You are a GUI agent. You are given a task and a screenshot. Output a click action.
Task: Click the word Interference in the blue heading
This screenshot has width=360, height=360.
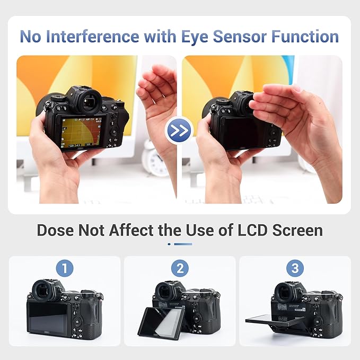(93, 37)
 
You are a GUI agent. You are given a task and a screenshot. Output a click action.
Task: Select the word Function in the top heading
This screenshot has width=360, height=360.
(305, 37)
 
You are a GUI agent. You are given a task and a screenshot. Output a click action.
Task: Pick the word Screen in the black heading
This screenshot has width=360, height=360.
(297, 230)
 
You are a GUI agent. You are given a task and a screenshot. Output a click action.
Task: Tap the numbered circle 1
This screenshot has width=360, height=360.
(65, 268)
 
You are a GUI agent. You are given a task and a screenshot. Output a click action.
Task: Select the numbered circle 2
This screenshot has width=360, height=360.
(180, 268)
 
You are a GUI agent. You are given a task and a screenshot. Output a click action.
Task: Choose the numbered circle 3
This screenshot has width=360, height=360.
(295, 268)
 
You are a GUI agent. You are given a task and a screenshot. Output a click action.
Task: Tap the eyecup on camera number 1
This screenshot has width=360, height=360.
(43, 291)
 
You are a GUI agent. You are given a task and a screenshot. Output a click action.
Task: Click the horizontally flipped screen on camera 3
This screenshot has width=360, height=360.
(275, 321)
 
